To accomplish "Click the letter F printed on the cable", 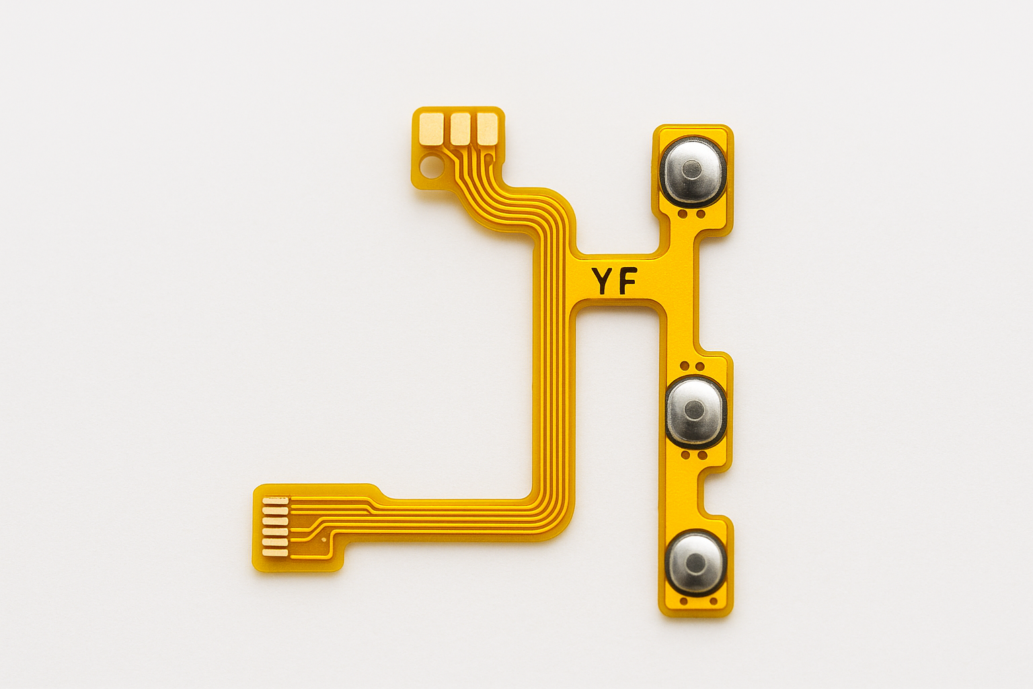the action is pyautogui.click(x=628, y=281).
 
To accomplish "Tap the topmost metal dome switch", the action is pyautogui.click(x=693, y=171).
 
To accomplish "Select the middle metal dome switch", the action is pyautogui.click(x=695, y=411).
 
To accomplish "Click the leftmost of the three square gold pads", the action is pyautogui.click(x=432, y=129).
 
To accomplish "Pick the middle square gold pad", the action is pyautogui.click(x=460, y=129).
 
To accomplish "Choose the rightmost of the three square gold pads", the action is pyautogui.click(x=487, y=129).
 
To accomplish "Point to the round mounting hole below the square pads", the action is pyautogui.click(x=431, y=164).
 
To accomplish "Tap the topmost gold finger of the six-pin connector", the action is pyautogui.click(x=275, y=501).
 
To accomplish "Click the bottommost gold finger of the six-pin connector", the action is pyautogui.click(x=275, y=552).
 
